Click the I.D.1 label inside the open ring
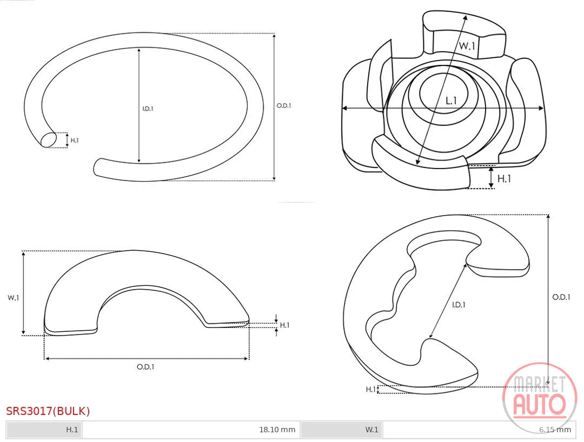tap(148, 109)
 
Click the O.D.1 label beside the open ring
tap(284, 106)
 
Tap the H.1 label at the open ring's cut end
tap(75, 140)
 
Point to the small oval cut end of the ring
tap(49, 140)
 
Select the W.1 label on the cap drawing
tap(467, 46)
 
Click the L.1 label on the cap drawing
tap(451, 101)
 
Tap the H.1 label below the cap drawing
tap(505, 179)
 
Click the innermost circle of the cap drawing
tap(443, 93)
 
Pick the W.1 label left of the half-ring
tap(14, 298)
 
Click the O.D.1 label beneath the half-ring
tap(145, 367)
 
